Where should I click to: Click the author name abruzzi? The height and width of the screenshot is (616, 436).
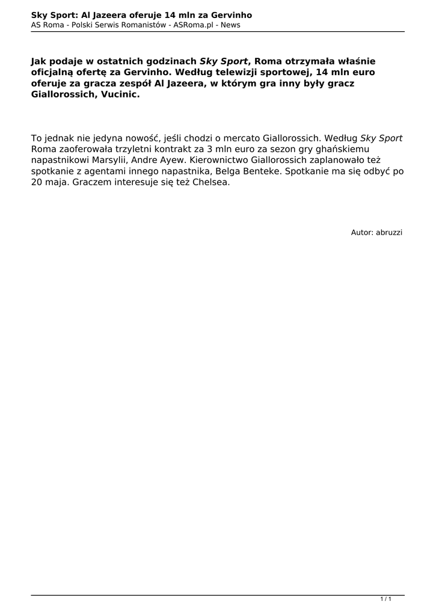[389, 232]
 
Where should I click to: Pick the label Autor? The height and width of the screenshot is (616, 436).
[362, 232]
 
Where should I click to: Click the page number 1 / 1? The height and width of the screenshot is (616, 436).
[386, 599]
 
